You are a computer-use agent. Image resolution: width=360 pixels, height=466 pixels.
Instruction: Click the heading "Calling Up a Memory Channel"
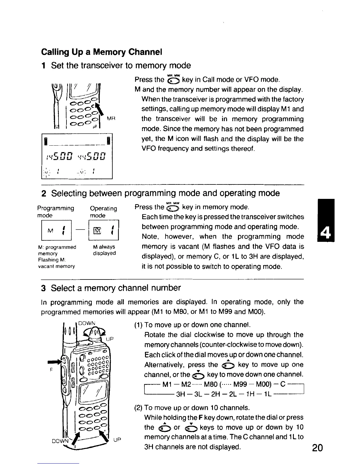[x=102, y=52]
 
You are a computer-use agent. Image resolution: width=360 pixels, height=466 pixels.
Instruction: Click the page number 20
[x=317, y=448]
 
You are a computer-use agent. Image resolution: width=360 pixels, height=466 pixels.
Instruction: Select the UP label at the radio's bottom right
[x=117, y=440]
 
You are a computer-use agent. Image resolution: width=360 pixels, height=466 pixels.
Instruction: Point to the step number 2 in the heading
[x=44, y=193]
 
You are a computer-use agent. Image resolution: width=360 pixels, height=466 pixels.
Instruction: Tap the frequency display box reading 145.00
[x=77, y=156]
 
